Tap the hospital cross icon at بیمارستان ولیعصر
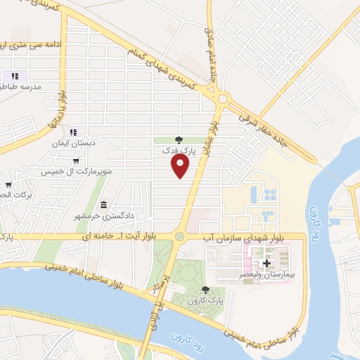coord(266,263)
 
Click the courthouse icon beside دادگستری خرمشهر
coord(104,205)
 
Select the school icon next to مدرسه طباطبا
coord(14,76)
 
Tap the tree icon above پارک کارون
coord(205,290)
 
